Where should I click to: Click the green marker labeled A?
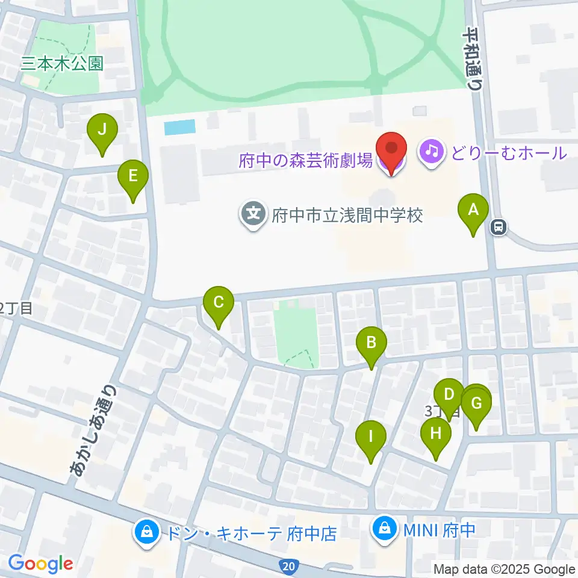pyautogui.click(x=473, y=211)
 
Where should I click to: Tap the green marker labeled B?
pyautogui.click(x=371, y=344)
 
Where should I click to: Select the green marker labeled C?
pyautogui.click(x=218, y=302)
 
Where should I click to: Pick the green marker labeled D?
pyautogui.click(x=449, y=396)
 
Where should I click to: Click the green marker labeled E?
pyautogui.click(x=133, y=177)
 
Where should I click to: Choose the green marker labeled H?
pyautogui.click(x=436, y=433)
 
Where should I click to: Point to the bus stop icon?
pyautogui.click(x=499, y=227)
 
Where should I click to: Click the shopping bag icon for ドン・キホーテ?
pyautogui.click(x=145, y=530)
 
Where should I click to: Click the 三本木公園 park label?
pyautogui.click(x=62, y=63)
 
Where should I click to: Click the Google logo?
pyautogui.click(x=40, y=564)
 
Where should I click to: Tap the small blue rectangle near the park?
pyautogui.click(x=180, y=127)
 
